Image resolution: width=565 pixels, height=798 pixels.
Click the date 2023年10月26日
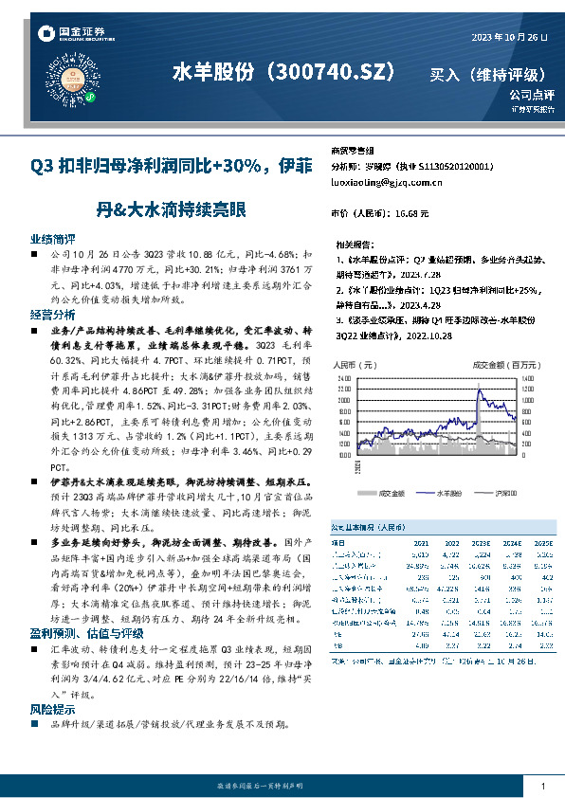coord(509,36)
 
